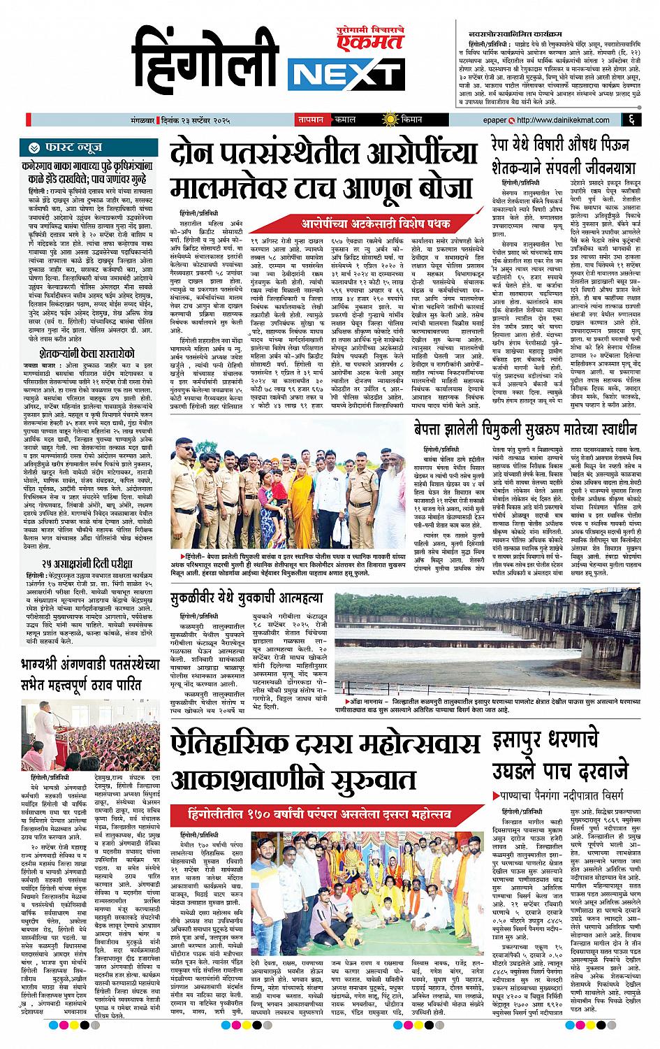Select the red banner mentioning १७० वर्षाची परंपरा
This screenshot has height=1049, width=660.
coord(330,813)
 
